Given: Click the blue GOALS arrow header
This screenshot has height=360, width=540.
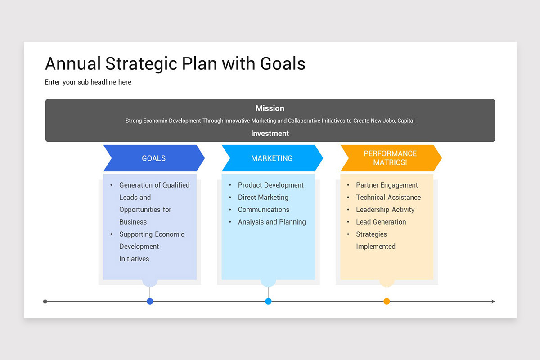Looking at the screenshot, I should tap(154, 158).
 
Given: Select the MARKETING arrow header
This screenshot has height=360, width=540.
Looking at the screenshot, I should tap(272, 158).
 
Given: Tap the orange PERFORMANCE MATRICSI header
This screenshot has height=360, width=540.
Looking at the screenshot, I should tap(390, 158).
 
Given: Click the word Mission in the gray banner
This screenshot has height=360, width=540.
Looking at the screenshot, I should tap(270, 108).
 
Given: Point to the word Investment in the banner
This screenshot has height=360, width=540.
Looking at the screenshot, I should tap(270, 134).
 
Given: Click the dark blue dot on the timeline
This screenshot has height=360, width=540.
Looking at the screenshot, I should tap(150, 301).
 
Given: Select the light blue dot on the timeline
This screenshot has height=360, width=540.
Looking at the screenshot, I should tap(268, 301).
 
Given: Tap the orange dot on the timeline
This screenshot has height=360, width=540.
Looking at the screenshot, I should tap(387, 301).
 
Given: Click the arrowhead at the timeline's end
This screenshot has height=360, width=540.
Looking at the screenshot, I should tap(493, 301).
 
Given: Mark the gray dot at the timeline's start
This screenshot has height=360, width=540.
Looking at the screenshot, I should tap(45, 301).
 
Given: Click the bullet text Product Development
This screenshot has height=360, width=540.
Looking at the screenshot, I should tap(270, 185).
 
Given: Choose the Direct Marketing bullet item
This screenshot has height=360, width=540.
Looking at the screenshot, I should tap(263, 197).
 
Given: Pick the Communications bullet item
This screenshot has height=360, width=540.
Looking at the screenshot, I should tap(264, 210).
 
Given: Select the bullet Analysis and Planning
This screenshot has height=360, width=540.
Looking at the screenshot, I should tap(272, 222).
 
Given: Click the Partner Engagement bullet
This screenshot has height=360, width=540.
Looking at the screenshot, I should tap(387, 185).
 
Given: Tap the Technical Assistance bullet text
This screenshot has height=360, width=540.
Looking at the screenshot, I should tap(388, 197).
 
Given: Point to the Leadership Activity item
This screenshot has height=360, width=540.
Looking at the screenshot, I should tap(385, 210).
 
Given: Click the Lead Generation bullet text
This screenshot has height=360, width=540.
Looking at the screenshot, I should tap(381, 222).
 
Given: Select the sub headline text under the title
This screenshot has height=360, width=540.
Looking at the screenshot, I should tap(88, 82).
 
